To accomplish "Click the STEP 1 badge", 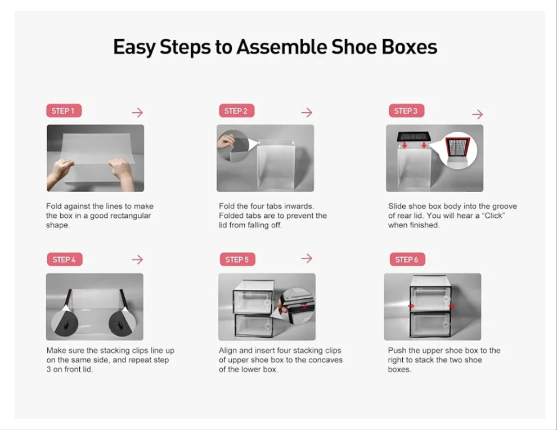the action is coord(64,111).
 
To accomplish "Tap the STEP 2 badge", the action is coord(236,111).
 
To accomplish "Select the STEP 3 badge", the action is coord(406,111).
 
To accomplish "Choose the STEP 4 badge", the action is coord(65,259).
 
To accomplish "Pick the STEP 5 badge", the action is coord(237,259).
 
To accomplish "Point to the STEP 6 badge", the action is coord(407,259).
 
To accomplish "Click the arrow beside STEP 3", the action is coord(478,114).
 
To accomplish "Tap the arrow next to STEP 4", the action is coord(137,259).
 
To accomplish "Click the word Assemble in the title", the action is coord(281,47).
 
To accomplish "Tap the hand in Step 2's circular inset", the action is coord(226,141).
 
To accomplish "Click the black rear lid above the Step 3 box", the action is coord(414,136).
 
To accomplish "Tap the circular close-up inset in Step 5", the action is coord(297,306).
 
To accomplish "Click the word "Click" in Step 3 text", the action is coord(493,216).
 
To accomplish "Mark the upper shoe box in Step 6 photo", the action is coord(430,294).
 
